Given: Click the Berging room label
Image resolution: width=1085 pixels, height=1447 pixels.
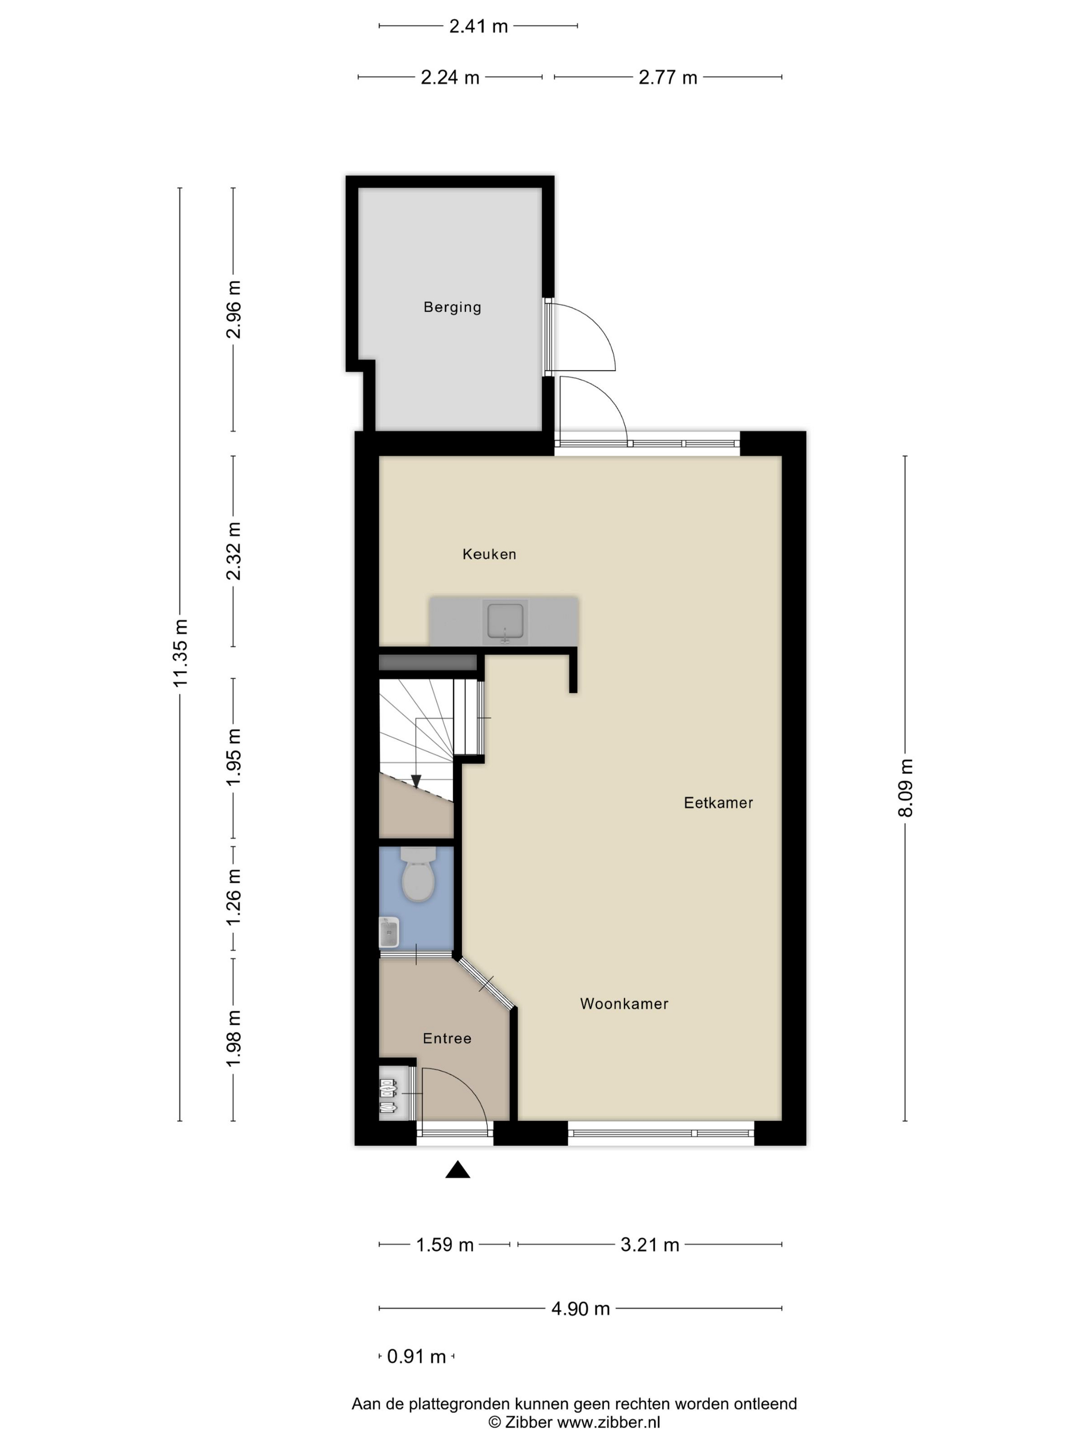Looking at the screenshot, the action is [x=452, y=307].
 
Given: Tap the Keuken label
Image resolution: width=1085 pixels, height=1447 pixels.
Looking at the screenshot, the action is [x=489, y=554].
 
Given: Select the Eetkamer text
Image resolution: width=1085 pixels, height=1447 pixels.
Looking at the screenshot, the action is [x=718, y=803].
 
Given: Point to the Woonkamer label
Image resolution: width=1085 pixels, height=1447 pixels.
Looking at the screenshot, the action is [x=624, y=1004].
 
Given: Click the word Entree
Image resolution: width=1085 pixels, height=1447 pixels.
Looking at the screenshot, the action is [x=447, y=1038].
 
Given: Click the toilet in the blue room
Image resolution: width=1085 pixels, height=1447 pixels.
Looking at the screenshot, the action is [x=418, y=874].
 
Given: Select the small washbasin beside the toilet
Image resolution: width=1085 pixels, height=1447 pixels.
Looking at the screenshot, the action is [x=389, y=932].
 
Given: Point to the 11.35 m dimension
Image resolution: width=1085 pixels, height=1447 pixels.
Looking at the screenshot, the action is [x=180, y=653].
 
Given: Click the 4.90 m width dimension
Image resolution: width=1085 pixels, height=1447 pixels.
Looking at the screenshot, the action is [x=580, y=1309].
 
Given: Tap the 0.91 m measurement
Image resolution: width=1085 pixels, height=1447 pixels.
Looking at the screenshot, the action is [x=416, y=1357].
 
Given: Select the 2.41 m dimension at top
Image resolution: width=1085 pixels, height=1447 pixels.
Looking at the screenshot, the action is [x=478, y=26].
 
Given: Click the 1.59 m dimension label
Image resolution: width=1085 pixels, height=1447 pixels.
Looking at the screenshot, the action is [x=445, y=1245].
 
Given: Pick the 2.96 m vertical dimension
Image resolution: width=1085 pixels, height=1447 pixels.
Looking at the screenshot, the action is [x=234, y=310].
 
